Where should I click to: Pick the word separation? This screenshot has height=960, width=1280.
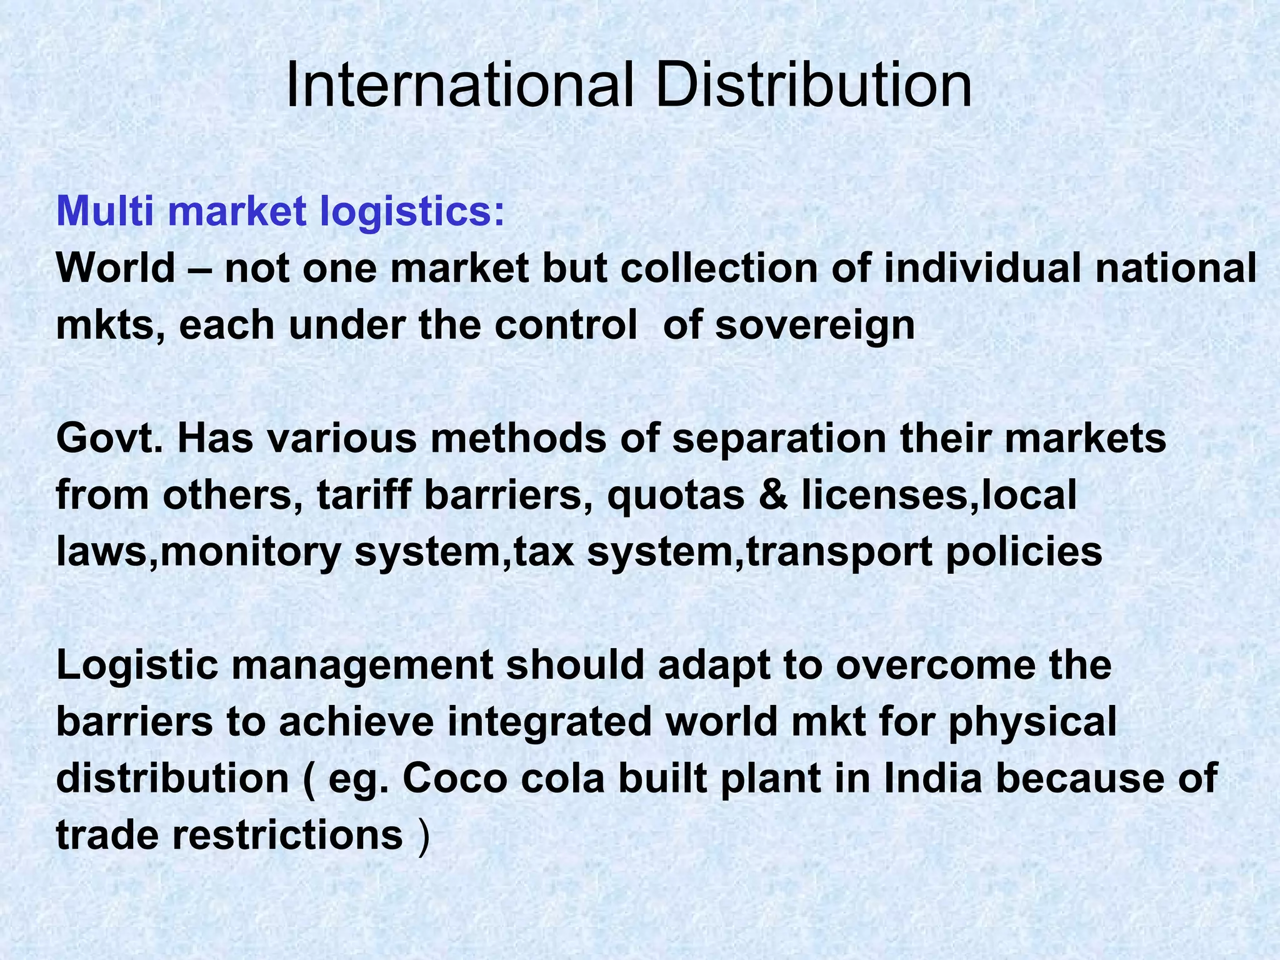point(779,439)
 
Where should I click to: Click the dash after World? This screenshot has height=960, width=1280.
point(199,269)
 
